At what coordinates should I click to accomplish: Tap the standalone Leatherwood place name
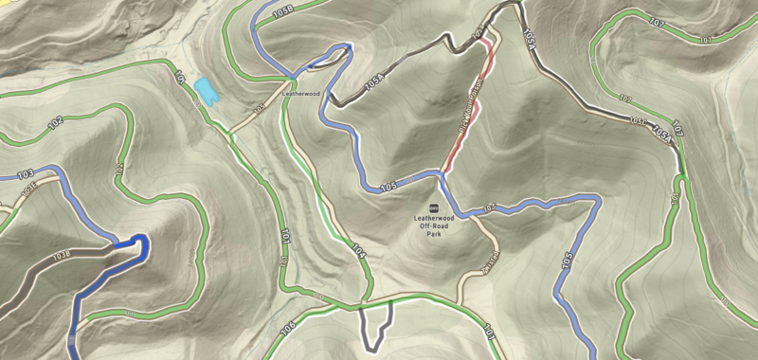point(302,94)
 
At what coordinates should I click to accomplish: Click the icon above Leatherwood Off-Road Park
point(434,207)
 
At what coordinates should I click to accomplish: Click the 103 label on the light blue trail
point(26,173)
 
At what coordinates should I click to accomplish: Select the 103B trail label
point(63,254)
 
